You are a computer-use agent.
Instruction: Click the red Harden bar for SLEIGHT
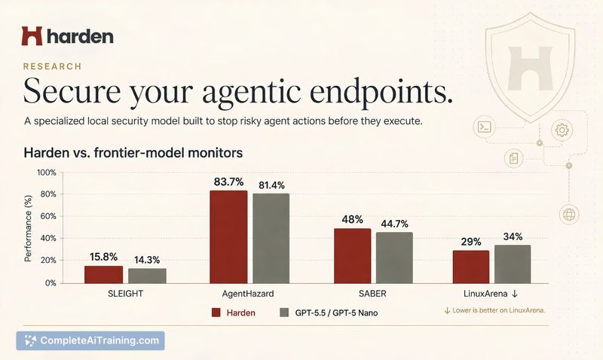(103, 275)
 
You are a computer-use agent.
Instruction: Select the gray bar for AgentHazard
(271, 238)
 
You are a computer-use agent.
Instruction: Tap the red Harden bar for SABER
(352, 256)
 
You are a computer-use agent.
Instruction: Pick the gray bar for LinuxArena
(513, 264)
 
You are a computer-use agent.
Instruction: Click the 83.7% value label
(229, 182)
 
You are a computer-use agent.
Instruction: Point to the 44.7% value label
(394, 224)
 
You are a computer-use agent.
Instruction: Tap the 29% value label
(471, 242)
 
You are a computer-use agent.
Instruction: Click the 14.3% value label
(147, 260)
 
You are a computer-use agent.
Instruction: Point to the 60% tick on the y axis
(48, 216)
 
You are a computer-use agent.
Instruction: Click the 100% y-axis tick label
(47, 173)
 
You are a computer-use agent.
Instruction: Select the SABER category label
(372, 294)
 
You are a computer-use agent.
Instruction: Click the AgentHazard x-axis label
(248, 294)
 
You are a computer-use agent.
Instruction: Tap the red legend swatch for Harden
(216, 313)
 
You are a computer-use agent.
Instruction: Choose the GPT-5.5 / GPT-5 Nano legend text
(336, 313)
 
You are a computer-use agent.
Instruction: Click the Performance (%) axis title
(28, 229)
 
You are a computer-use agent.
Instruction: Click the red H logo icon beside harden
(32, 36)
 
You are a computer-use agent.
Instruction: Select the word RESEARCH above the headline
(52, 66)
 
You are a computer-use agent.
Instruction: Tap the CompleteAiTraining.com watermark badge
(90, 340)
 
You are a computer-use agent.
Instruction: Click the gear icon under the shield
(562, 130)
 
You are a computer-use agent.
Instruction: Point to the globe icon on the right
(569, 215)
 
